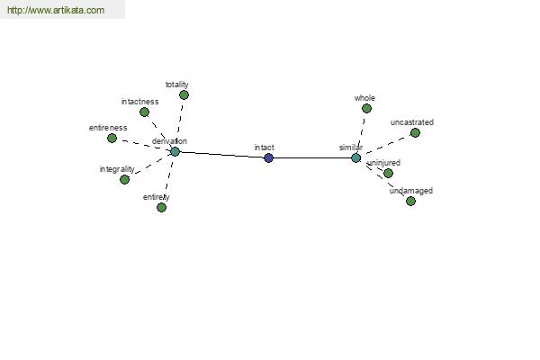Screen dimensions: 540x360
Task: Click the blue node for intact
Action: [x=268, y=158]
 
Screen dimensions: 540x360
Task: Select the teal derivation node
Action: [x=175, y=151]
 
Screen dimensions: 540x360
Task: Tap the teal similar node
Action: [x=356, y=158]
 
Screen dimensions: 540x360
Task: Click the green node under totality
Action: [x=184, y=95]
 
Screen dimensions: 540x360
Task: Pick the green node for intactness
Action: [x=144, y=112]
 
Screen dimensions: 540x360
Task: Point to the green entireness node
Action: [x=112, y=138]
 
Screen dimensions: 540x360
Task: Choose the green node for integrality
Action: [x=125, y=179]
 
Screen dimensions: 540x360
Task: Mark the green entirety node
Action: [x=161, y=207]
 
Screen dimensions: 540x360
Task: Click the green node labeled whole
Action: [x=367, y=109]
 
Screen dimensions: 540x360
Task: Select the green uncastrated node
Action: [x=415, y=132]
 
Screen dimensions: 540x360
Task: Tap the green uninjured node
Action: [x=389, y=173]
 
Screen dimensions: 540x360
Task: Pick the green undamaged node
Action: [x=410, y=202]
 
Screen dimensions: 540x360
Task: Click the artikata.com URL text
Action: [x=56, y=10]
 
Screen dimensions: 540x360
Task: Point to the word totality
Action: [x=177, y=85]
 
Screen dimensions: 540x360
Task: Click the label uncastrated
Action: [x=412, y=122]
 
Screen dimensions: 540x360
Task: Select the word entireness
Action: [x=108, y=128]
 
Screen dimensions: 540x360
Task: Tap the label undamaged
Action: [x=411, y=191]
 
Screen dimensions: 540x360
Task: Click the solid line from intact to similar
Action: [x=312, y=158]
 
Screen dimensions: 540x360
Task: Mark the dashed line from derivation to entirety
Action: [x=168, y=179]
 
